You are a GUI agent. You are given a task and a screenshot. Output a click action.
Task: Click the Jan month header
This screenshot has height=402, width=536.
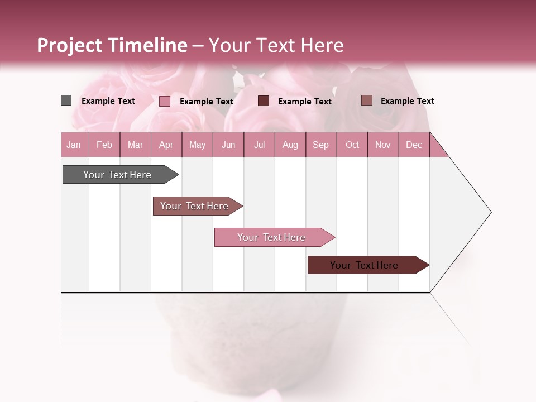[x=74, y=145]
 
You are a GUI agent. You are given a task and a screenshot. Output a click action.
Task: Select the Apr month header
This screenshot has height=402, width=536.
[x=166, y=145]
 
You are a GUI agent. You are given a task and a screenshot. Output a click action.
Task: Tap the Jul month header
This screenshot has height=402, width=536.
[x=259, y=145]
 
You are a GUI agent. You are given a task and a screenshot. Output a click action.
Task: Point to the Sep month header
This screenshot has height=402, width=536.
[x=320, y=145]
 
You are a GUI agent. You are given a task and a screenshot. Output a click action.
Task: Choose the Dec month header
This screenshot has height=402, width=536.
[x=414, y=145]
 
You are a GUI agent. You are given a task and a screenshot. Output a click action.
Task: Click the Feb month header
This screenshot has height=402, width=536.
[x=104, y=145]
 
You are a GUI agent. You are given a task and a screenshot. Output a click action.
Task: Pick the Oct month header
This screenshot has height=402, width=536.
[x=352, y=145]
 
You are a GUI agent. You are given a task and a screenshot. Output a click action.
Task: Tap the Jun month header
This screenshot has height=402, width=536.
[x=228, y=145]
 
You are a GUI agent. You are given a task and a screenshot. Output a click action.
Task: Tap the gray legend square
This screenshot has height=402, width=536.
[x=66, y=100]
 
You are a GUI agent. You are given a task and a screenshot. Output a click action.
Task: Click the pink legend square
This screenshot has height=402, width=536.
[x=165, y=101]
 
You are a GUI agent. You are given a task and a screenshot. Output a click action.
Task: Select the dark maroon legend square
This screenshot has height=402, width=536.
[x=264, y=101]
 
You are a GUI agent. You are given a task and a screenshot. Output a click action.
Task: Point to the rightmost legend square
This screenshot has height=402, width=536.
[x=366, y=100]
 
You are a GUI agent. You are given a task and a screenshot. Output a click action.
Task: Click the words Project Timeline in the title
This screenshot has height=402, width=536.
[x=112, y=45]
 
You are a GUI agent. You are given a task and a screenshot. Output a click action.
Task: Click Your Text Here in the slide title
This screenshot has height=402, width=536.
[x=276, y=45]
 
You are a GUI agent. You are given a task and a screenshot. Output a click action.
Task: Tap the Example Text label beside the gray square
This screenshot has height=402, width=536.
[x=108, y=101]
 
